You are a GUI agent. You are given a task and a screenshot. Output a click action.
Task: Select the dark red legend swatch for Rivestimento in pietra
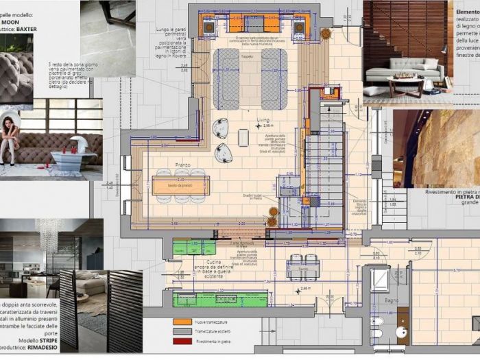point(180,341)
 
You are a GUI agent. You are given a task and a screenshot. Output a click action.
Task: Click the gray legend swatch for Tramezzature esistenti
point(180,331)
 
